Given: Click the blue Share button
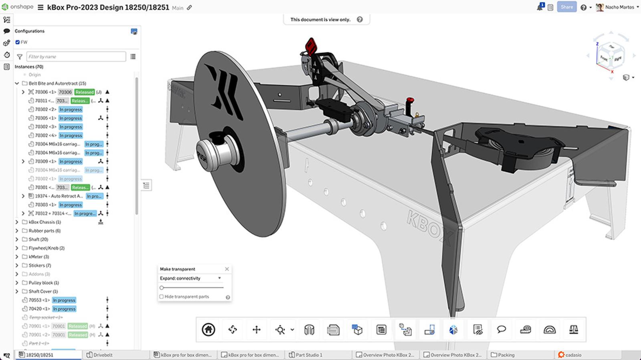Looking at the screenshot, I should (x=566, y=7).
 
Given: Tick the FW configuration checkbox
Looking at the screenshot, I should (x=18, y=42).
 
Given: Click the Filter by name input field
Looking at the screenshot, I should (x=76, y=56).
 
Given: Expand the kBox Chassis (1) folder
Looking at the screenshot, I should (x=17, y=222).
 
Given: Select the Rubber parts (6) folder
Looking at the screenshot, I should (x=44, y=231).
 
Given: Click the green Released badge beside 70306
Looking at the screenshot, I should (x=84, y=92).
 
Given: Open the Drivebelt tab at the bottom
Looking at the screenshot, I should (x=103, y=355).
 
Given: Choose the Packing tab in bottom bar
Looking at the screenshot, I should (x=506, y=355).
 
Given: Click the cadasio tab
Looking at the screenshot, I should (x=573, y=355).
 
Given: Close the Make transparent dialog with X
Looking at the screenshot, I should (x=227, y=269).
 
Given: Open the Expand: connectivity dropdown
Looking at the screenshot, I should (x=191, y=278).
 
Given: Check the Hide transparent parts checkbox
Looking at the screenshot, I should (x=161, y=297).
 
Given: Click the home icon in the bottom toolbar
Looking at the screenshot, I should (x=208, y=330).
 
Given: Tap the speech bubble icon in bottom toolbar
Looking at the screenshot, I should (x=501, y=330).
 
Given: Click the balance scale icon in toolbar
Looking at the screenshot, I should (x=573, y=330).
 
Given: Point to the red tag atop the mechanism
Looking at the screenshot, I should (x=311, y=46).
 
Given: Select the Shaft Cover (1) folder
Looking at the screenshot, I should (x=43, y=292).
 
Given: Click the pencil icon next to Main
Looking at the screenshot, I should (x=189, y=8).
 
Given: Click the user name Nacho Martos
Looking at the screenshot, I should (x=619, y=7).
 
